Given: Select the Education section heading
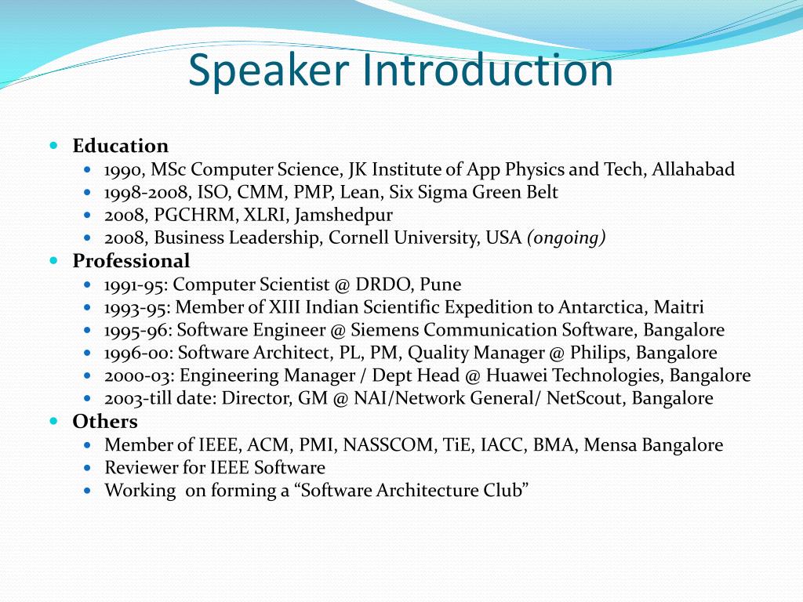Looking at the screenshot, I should click(120, 146).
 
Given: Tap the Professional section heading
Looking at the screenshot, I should click(131, 261).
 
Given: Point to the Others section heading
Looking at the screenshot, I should click(105, 422).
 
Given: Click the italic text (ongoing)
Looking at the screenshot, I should click(566, 238).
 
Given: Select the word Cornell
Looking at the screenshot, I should click(358, 238).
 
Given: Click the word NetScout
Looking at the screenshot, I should click(586, 398).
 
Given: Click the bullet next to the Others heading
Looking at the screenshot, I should click(53, 422).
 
